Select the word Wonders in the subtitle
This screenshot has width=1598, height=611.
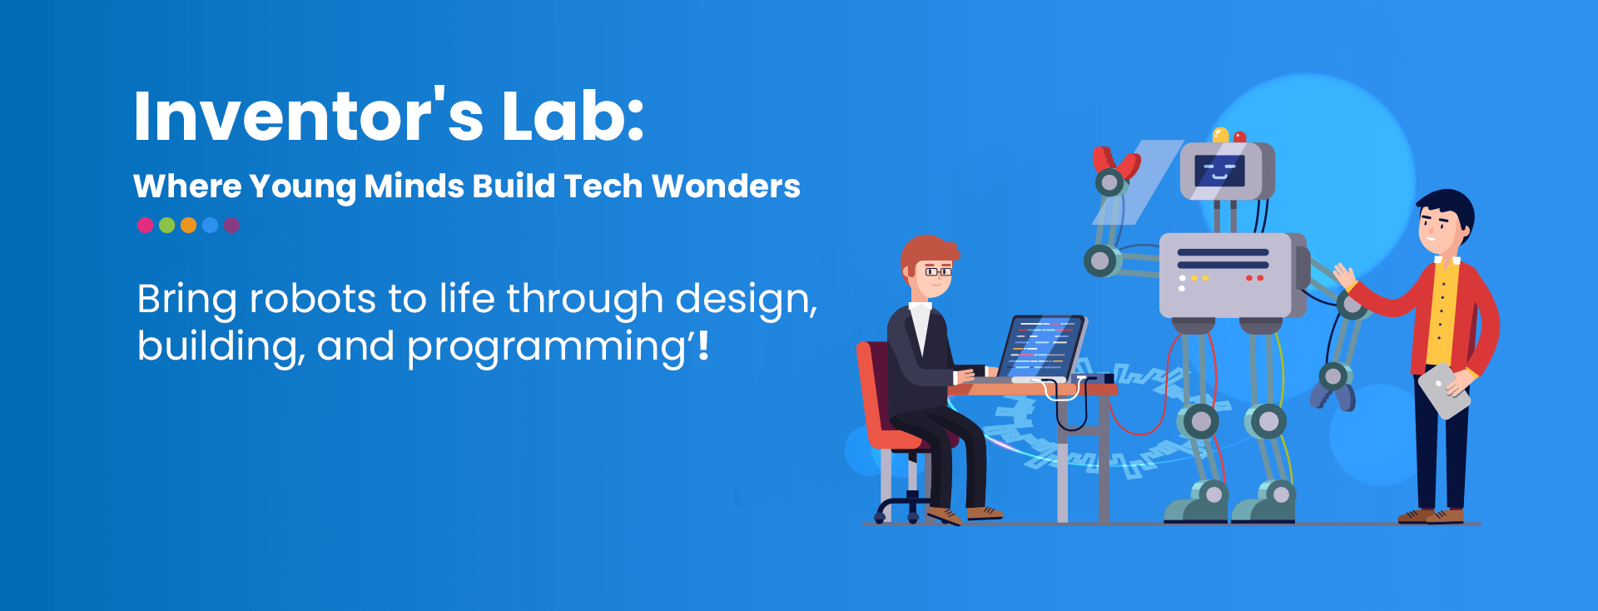pyautogui.click(x=726, y=186)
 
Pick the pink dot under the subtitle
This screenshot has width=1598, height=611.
pyautogui.click(x=145, y=225)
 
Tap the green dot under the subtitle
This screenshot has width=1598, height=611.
pyautogui.click(x=166, y=225)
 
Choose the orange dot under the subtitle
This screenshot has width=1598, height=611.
pyautogui.click(x=188, y=225)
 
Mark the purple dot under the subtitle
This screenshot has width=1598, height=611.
pyautogui.click(x=231, y=225)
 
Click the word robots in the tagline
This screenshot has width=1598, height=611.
pyautogui.click(x=313, y=299)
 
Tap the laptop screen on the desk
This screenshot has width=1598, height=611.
pyautogui.click(x=1045, y=347)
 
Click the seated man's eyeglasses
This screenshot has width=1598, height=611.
pyautogui.click(x=938, y=271)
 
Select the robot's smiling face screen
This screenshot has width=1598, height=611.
pyautogui.click(x=1219, y=171)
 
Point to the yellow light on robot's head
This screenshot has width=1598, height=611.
pyautogui.click(x=1221, y=135)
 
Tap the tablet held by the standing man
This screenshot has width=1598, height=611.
pyautogui.click(x=1444, y=390)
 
